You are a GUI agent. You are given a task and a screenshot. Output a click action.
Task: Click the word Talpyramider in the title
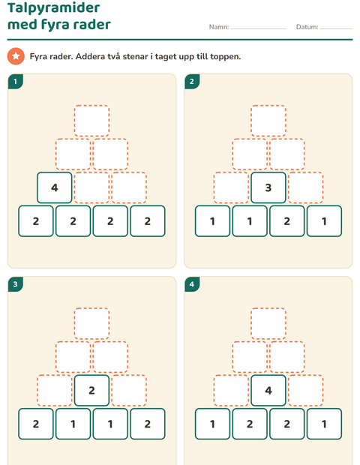(54, 7)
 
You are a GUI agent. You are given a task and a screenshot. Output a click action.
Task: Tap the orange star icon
(16, 56)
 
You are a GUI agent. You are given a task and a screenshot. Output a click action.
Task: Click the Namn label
(219, 27)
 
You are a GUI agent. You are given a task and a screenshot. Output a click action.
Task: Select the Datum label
(307, 27)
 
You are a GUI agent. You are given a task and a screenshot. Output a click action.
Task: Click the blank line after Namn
(259, 29)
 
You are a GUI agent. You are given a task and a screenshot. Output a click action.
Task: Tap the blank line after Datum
(337, 29)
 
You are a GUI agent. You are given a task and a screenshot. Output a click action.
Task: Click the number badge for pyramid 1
(16, 81)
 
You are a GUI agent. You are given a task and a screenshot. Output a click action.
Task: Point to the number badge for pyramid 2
(192, 81)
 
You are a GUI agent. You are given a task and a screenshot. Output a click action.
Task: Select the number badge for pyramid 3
(16, 284)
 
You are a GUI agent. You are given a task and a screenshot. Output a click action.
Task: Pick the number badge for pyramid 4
(192, 284)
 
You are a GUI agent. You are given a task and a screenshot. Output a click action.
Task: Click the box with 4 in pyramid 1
(55, 187)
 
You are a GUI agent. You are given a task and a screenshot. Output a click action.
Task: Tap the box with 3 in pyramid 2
(268, 187)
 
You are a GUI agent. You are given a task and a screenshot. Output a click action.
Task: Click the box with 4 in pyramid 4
(268, 391)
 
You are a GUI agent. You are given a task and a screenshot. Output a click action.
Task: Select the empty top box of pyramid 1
(91, 121)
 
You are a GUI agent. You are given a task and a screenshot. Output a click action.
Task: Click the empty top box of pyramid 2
(268, 121)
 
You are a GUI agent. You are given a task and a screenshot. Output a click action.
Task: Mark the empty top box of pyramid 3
(91, 323)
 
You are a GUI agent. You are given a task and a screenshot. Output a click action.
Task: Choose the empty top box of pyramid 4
(268, 323)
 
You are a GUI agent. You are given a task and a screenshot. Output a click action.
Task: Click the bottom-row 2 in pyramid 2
(287, 221)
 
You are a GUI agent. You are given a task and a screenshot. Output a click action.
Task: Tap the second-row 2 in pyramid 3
(91, 391)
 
